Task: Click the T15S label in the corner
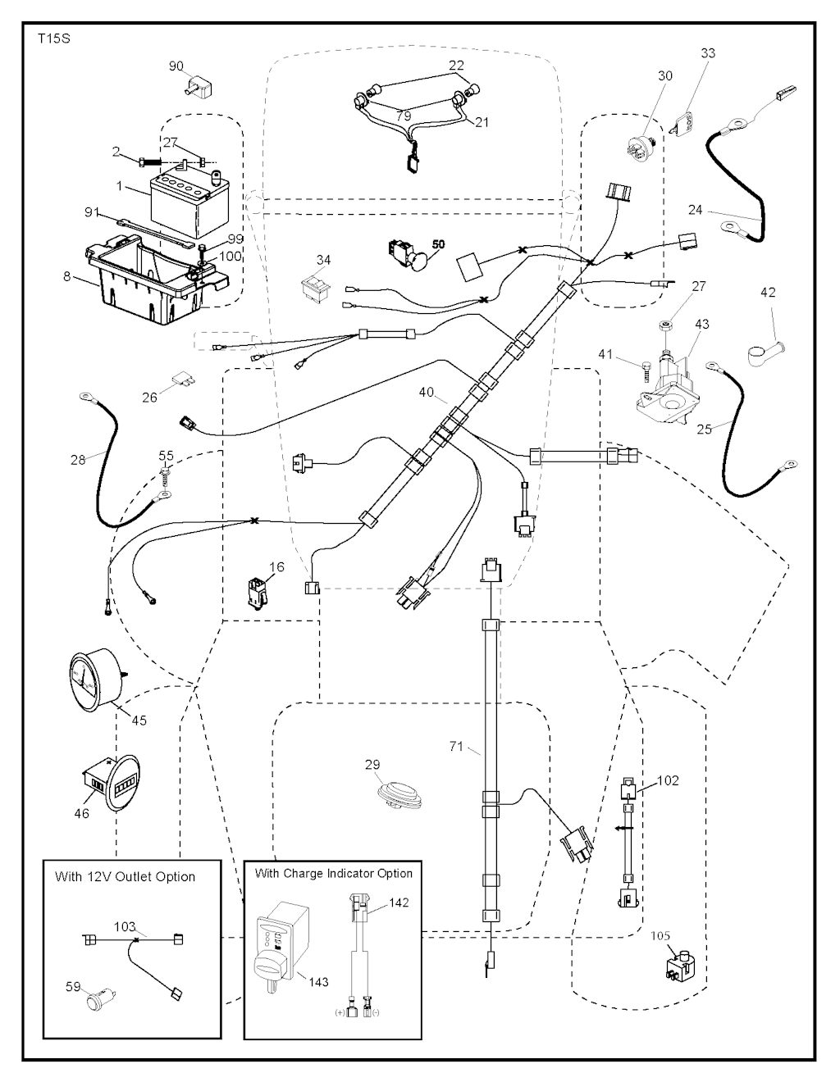pyautogui.click(x=48, y=39)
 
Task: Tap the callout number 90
pyautogui.click(x=176, y=66)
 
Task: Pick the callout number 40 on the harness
pyautogui.click(x=427, y=392)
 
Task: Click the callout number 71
pyautogui.click(x=457, y=746)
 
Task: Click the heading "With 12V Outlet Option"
pyautogui.click(x=125, y=876)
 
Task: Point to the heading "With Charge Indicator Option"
pyautogui.click(x=333, y=873)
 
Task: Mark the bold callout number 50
pyautogui.click(x=438, y=244)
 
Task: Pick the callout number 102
pyautogui.click(x=669, y=780)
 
